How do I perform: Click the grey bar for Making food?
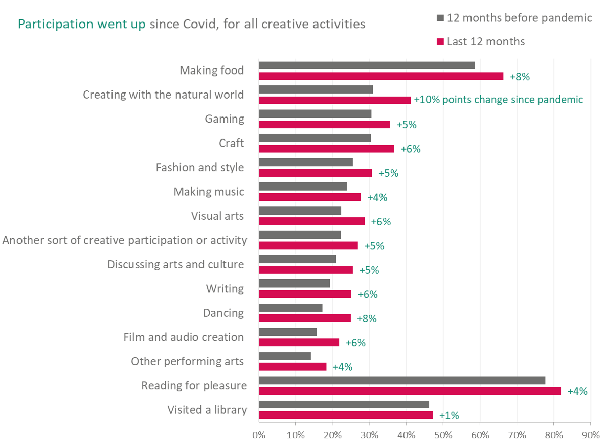(367, 65)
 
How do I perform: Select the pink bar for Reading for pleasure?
(410, 391)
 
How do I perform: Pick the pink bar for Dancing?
(305, 318)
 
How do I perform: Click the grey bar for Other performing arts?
(285, 356)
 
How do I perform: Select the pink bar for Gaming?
(324, 124)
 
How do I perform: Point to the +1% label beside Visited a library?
(449, 415)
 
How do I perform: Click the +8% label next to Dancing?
(367, 318)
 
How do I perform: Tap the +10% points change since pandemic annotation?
(499, 100)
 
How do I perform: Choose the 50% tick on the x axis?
(443, 435)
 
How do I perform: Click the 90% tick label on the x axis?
(590, 435)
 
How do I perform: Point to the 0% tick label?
(259, 435)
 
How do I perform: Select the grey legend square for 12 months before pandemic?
(440, 18)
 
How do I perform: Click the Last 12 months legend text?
(486, 41)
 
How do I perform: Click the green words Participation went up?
(82, 24)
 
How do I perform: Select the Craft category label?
(231, 143)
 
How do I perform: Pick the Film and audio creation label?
(184, 337)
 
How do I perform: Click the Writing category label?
(225, 288)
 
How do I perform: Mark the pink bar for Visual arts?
(312, 221)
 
